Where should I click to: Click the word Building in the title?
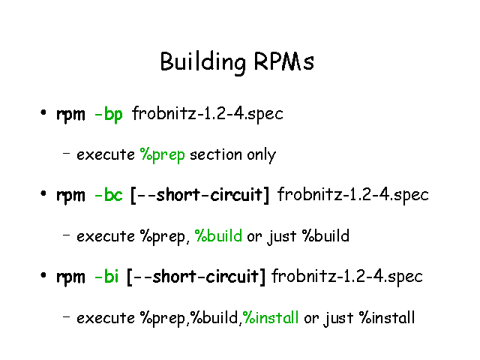tap(203, 62)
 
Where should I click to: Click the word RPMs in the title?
tap(284, 61)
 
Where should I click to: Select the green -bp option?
tap(109, 115)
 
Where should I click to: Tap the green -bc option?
tap(109, 195)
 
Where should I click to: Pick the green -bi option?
tap(106, 276)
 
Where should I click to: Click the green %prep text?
tap(163, 155)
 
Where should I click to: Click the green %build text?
tap(218, 235)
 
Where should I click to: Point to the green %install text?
tap(271, 317)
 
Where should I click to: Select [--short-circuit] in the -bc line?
tap(200, 195)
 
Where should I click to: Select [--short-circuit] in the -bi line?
tap(196, 277)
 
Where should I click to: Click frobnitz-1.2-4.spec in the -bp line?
tap(208, 114)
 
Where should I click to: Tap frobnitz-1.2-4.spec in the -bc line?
tap(353, 195)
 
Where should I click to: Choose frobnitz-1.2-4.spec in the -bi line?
tap(347, 276)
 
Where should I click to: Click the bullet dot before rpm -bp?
tap(43, 112)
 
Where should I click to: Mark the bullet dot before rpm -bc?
tap(43, 193)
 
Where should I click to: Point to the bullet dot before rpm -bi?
tap(43, 275)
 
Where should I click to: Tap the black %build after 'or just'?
tap(325, 235)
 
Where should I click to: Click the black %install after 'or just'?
tap(387, 317)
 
